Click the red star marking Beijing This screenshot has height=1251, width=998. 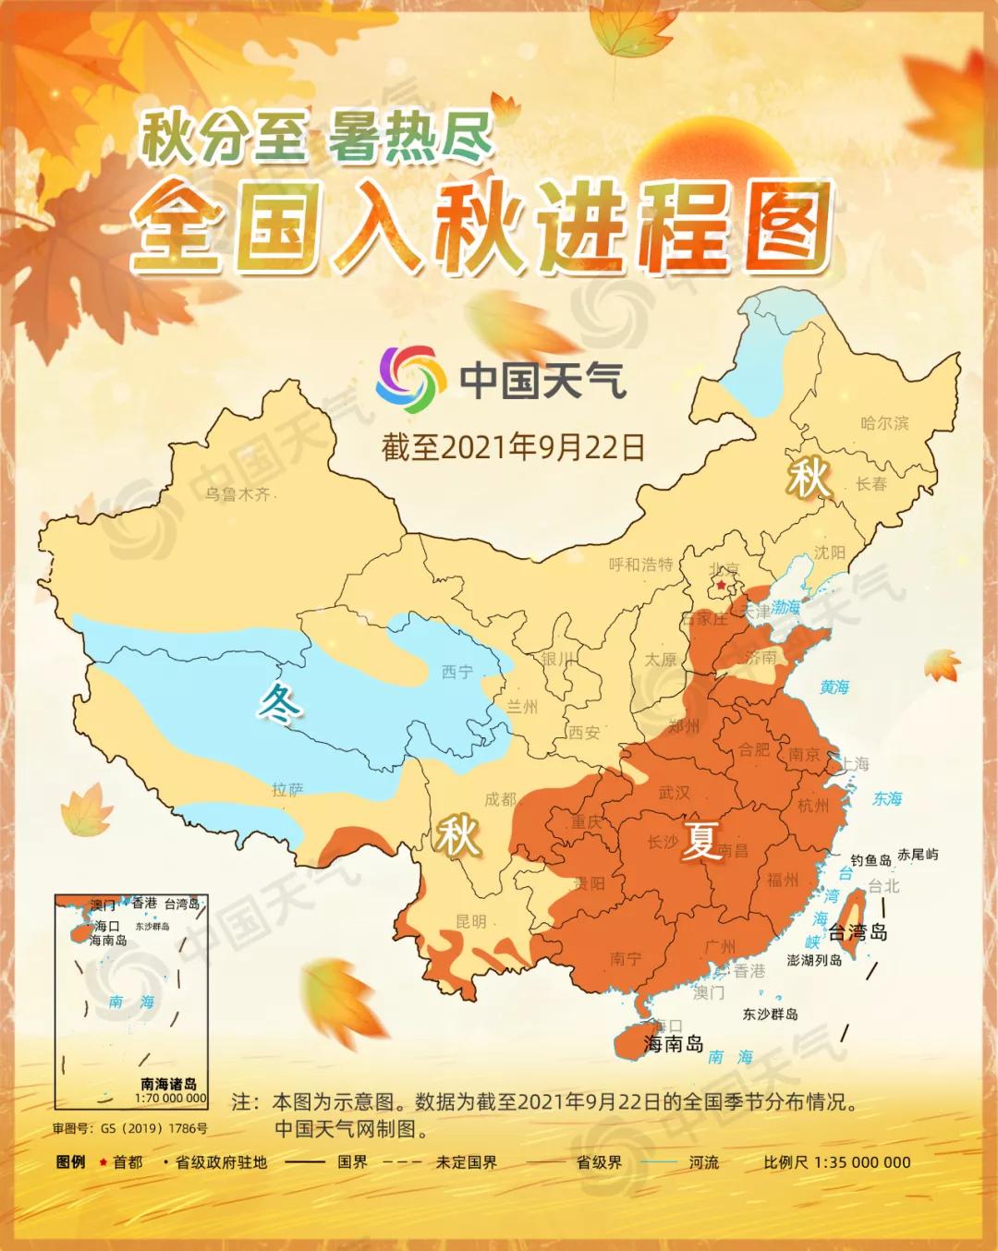pyautogui.click(x=721, y=585)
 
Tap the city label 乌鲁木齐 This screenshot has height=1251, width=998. pyautogui.click(x=237, y=494)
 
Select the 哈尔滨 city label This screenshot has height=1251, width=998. pyautogui.click(x=884, y=423)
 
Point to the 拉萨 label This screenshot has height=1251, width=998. pyautogui.click(x=287, y=789)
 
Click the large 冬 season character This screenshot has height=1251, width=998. pyautogui.click(x=280, y=704)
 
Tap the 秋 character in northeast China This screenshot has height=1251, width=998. pyautogui.click(x=808, y=479)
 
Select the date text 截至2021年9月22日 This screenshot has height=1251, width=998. pyautogui.click(x=513, y=447)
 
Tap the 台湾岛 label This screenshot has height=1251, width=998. pyautogui.click(x=857, y=931)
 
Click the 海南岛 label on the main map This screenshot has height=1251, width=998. pyautogui.click(x=674, y=1045)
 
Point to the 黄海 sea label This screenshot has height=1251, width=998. pyautogui.click(x=834, y=686)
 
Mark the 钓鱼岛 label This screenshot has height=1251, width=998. pyautogui.click(x=870, y=860)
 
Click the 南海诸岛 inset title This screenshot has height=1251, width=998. pyautogui.click(x=168, y=1084)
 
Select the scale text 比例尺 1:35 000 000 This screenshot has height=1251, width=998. pyautogui.click(x=837, y=1162)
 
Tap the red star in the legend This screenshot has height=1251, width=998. pyautogui.click(x=103, y=1162)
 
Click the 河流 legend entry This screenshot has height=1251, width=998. pyautogui.click(x=703, y=1162)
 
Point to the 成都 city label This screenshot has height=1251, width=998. pyautogui.click(x=500, y=799)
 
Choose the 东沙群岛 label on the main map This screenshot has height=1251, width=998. pyautogui.click(x=770, y=1014)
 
